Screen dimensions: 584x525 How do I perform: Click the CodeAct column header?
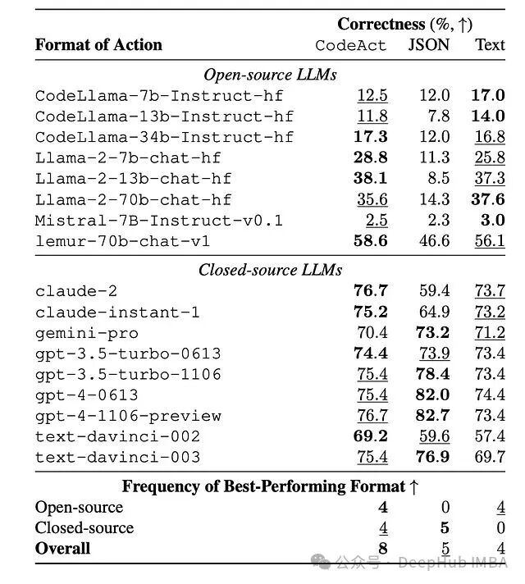click(x=350, y=45)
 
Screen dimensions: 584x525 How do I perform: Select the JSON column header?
click(x=429, y=45)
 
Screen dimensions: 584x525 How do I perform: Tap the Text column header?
click(x=490, y=45)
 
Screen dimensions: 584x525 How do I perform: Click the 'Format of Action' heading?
click(x=98, y=45)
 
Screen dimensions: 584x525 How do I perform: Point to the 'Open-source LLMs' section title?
click(x=270, y=75)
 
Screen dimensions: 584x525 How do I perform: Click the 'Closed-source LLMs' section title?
click(x=270, y=269)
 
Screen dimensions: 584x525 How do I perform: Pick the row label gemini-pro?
click(x=86, y=333)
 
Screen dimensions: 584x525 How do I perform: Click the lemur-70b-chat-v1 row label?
click(x=122, y=240)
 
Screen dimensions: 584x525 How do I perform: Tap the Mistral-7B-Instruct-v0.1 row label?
click(x=158, y=220)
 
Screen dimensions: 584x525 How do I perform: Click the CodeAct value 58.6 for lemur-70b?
click(x=371, y=240)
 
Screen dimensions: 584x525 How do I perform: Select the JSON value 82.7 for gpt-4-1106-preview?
click(x=432, y=416)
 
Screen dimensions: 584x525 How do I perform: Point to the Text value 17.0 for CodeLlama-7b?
click(x=488, y=96)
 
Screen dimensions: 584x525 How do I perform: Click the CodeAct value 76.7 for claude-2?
click(x=371, y=291)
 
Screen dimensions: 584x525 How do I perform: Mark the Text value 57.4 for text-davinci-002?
click(x=490, y=436)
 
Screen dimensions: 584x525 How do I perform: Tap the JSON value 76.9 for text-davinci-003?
click(x=432, y=457)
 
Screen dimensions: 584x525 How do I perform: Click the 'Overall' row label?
click(x=63, y=548)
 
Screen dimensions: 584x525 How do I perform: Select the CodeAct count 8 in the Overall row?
click(x=383, y=548)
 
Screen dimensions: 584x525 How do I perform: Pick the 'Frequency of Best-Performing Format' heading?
click(x=270, y=486)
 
